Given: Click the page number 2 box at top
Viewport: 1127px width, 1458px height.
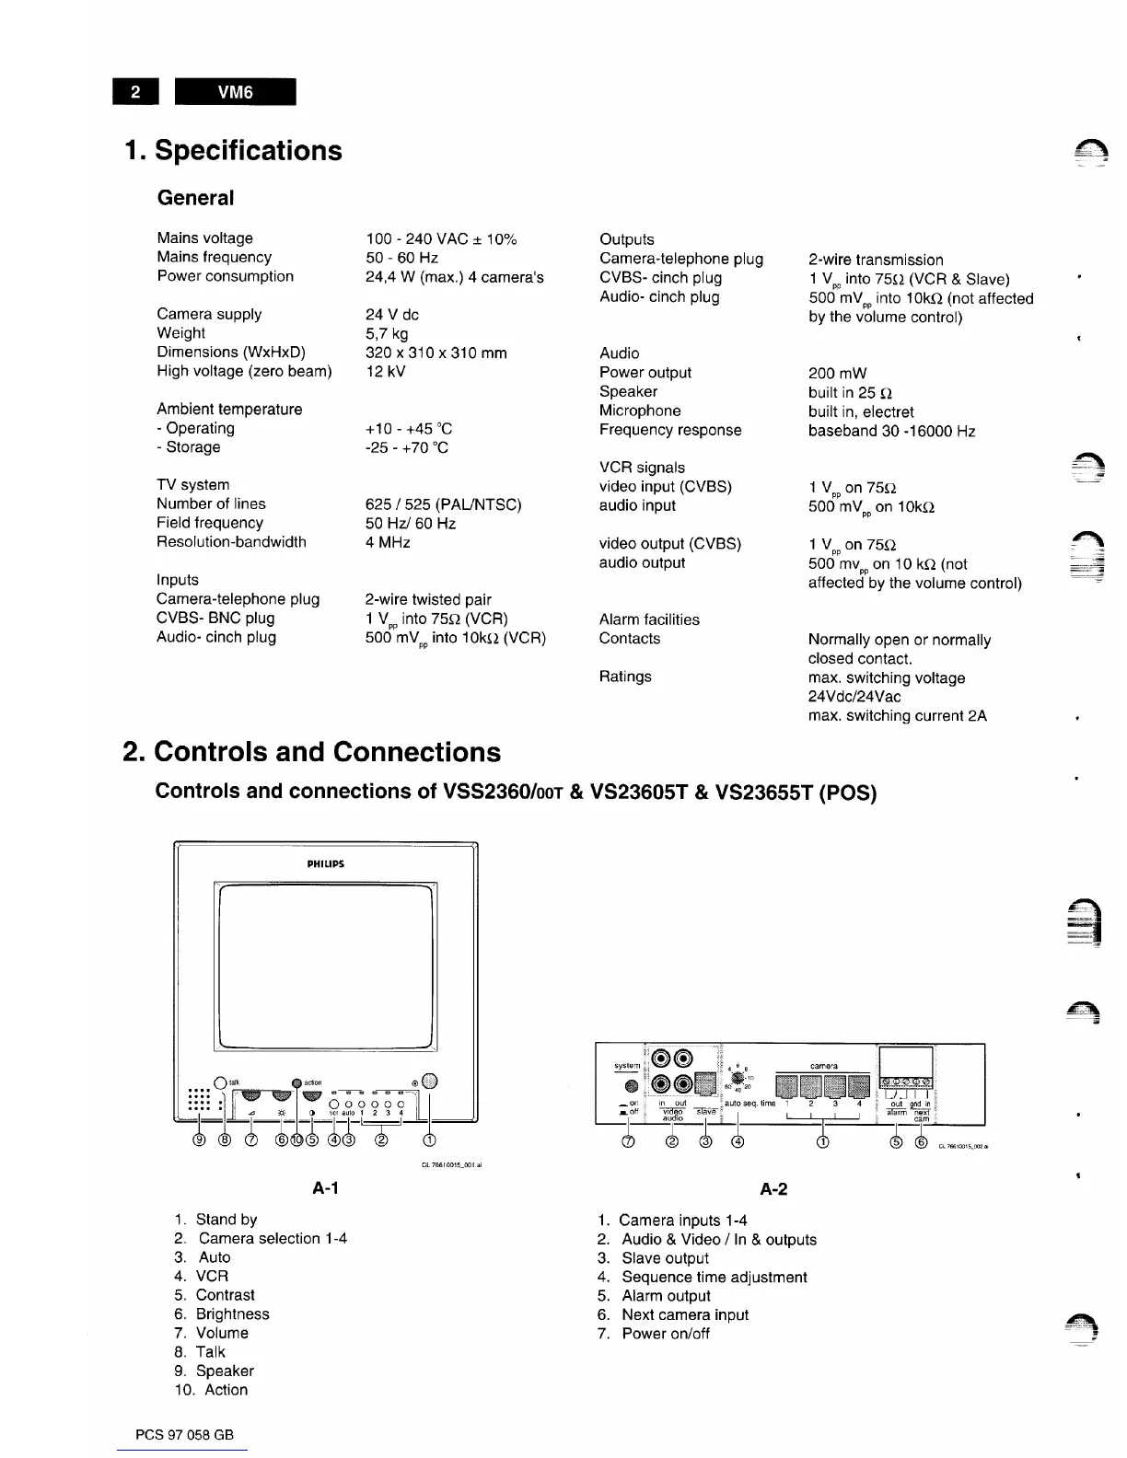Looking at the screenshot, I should (136, 92).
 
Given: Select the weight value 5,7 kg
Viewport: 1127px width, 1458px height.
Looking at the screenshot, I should (387, 333).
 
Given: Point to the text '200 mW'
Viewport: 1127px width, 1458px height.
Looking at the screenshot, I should (837, 373).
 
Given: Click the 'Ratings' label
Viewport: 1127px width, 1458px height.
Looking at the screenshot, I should (625, 677).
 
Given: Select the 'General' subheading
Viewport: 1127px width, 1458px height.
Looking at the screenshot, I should (195, 198).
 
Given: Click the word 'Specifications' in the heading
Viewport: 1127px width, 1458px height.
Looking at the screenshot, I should (249, 151).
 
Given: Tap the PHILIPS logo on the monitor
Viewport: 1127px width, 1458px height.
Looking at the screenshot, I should (325, 863).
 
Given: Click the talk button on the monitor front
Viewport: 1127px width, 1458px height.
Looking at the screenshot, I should (220, 1082).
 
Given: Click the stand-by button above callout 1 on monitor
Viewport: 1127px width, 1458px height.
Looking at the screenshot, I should (430, 1082).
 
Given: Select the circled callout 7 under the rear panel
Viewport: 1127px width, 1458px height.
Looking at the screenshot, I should (629, 1143).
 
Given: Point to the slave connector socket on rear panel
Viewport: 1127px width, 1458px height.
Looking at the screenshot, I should (706, 1086).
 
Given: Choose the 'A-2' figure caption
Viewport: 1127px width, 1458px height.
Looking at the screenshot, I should (773, 1189).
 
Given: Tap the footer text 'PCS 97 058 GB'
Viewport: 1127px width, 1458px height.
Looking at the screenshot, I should (184, 1435).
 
